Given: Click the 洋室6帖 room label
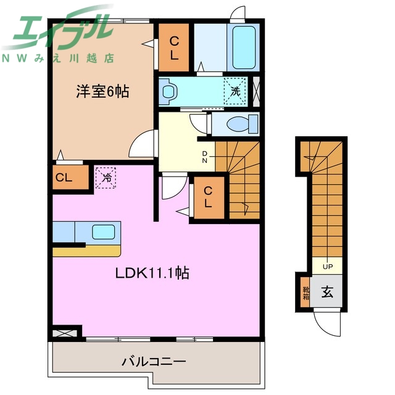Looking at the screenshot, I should [102, 93].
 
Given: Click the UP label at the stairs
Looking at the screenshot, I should [327, 267].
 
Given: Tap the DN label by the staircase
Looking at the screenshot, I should [204, 157].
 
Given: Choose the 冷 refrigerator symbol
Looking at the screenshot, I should [106, 178].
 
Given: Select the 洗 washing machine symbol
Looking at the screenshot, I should [235, 90].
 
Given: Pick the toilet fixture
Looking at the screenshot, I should [238, 124].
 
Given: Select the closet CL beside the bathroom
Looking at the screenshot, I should [174, 48].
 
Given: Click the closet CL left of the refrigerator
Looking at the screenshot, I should [64, 178].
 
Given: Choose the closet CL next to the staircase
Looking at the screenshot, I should [209, 197].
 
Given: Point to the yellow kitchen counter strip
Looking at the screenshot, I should [87, 251].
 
